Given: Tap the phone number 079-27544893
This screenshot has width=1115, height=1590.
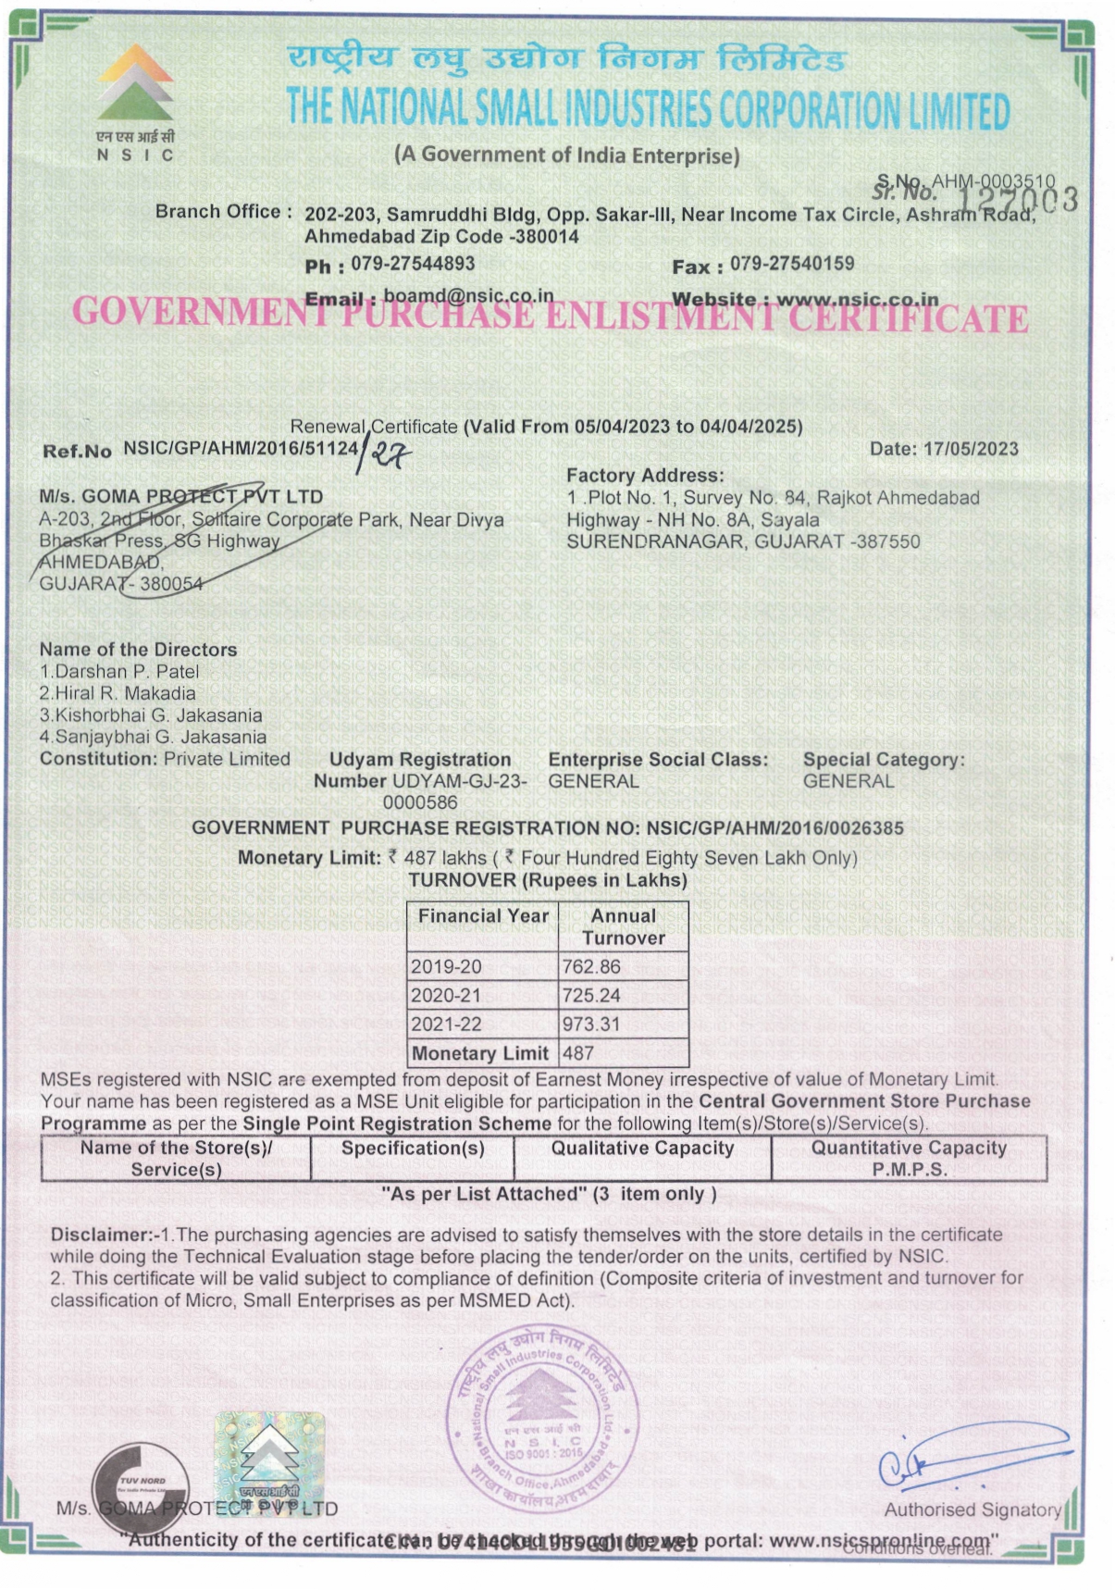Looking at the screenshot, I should point(413,264).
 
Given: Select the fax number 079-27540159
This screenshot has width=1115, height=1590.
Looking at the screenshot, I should point(792,264).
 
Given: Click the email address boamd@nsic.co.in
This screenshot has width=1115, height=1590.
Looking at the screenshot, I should point(468,295).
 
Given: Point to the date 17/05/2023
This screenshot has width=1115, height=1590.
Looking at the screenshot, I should point(971,449).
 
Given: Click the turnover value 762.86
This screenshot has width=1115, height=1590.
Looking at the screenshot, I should point(591,967).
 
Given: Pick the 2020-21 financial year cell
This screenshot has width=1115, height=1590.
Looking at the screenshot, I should point(447,996).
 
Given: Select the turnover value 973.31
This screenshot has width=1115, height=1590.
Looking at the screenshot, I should point(591,1025).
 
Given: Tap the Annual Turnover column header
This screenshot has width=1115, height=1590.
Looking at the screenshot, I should point(624,926).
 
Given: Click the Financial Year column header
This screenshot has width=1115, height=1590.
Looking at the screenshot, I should point(483,916).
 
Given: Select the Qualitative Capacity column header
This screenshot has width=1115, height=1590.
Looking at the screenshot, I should point(642,1149).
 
